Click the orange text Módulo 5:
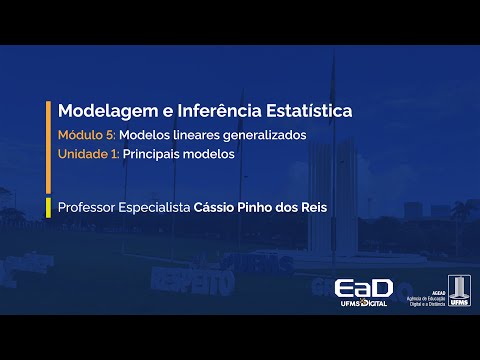click(87, 134)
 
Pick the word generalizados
click(269, 134)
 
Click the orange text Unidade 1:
click(88, 155)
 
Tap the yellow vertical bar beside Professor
click(49, 209)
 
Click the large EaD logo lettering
click(363, 287)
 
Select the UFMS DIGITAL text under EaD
click(363, 301)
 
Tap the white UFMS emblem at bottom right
click(458, 289)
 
